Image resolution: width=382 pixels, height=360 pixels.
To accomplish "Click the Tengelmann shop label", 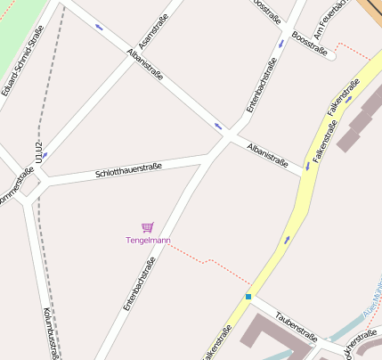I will [x=147, y=241].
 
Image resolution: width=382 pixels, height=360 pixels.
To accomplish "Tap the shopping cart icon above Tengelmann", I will [x=147, y=227].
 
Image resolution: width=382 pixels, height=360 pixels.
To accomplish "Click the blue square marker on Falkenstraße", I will [x=248, y=296].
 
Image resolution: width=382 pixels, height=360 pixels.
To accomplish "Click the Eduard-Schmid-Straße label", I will [x=22, y=61].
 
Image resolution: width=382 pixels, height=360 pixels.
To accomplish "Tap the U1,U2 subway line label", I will [x=38, y=151].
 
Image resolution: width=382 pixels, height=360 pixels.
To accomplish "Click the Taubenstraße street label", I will [x=297, y=325].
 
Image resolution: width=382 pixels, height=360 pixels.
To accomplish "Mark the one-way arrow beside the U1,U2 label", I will [x=45, y=154].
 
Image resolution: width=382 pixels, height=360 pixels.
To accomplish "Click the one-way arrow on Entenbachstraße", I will [x=281, y=43].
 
